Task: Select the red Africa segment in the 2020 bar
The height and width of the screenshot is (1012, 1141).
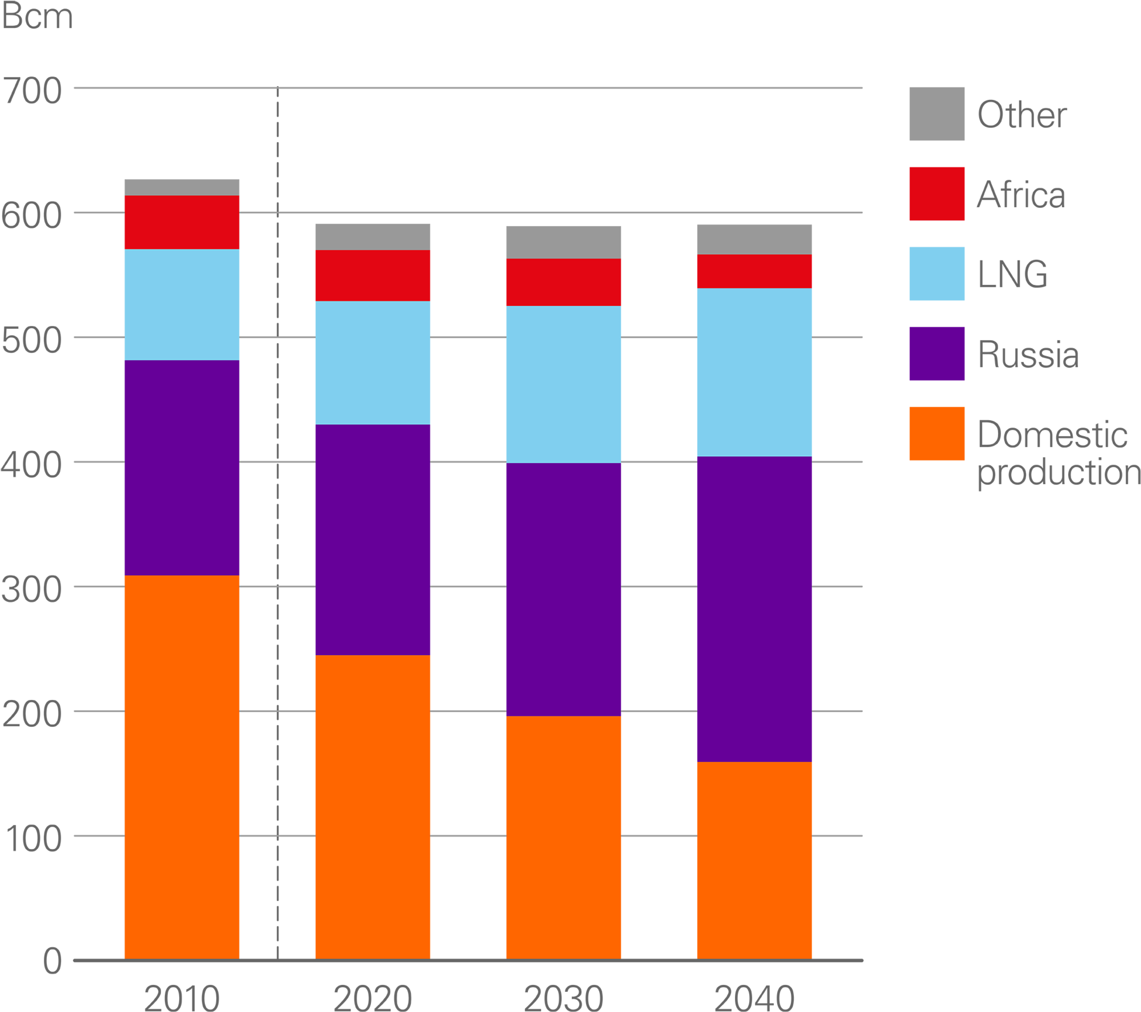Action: click(372, 275)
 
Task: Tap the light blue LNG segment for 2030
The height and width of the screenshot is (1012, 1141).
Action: click(563, 384)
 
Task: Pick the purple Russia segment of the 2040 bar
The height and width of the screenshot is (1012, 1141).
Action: click(754, 609)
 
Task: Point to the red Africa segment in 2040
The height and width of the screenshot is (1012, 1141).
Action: click(754, 272)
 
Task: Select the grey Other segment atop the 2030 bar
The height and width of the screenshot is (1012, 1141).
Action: click(563, 242)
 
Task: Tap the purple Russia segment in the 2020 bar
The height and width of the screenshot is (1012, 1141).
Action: click(372, 539)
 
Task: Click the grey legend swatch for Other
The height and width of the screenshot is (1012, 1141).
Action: click(937, 114)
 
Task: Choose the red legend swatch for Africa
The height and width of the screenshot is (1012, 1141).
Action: click(937, 194)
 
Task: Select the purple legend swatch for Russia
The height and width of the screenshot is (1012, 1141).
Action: click(937, 354)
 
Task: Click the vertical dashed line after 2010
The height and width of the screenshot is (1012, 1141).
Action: click(277, 503)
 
